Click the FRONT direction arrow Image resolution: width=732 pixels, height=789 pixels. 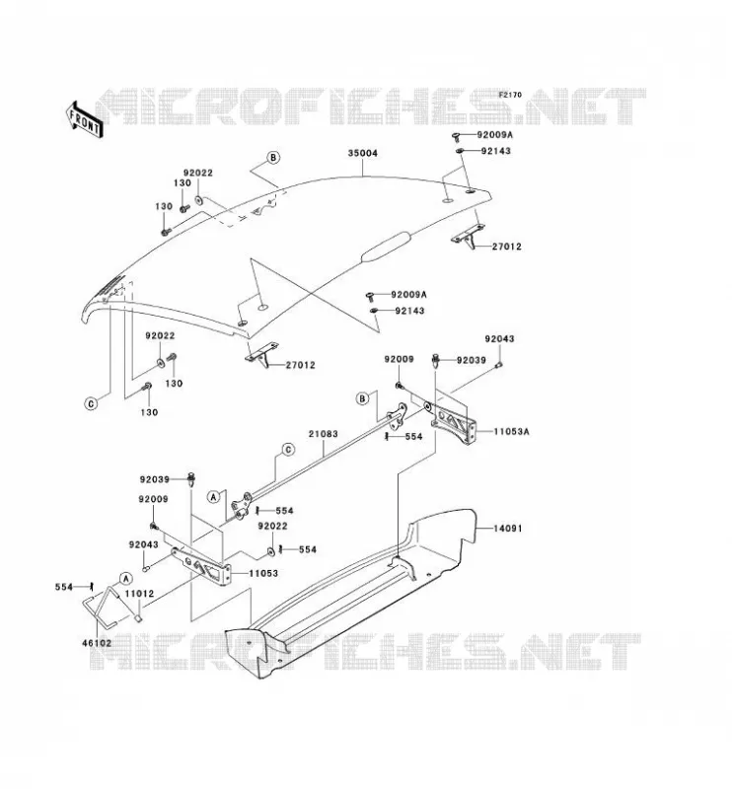[84, 119]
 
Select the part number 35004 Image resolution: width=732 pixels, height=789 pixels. [362, 153]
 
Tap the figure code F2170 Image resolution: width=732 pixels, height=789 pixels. [510, 95]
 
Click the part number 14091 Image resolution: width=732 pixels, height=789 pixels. [507, 529]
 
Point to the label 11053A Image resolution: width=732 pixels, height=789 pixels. [511, 431]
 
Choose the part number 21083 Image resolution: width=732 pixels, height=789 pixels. [324, 434]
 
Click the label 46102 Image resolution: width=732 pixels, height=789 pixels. [97, 643]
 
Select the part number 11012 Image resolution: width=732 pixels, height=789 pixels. [139, 594]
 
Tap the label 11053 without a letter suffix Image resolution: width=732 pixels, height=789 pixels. [263, 573]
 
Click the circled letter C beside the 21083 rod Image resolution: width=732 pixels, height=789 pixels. [288, 450]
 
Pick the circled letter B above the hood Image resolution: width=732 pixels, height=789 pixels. [273, 158]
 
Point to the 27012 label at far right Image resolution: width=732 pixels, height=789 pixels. [506, 247]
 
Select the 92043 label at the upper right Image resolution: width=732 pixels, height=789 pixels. [499, 338]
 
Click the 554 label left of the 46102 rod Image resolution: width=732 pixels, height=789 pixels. [64, 587]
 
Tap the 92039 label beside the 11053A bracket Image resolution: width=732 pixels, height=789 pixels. [472, 360]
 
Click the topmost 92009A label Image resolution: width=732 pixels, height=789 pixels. [495, 135]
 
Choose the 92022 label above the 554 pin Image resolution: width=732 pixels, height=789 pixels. [272, 526]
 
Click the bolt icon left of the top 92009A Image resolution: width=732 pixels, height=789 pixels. [457, 135]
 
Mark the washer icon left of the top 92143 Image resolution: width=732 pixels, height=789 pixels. [460, 151]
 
